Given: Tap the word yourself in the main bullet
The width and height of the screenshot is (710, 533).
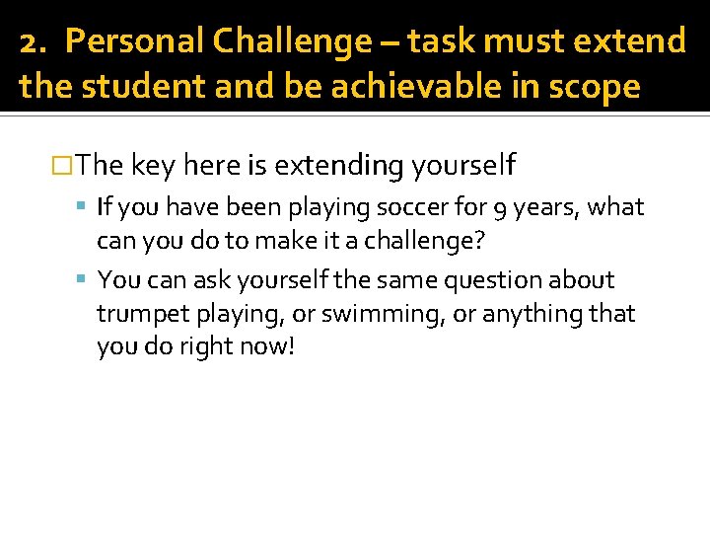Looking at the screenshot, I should click(x=462, y=165).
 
